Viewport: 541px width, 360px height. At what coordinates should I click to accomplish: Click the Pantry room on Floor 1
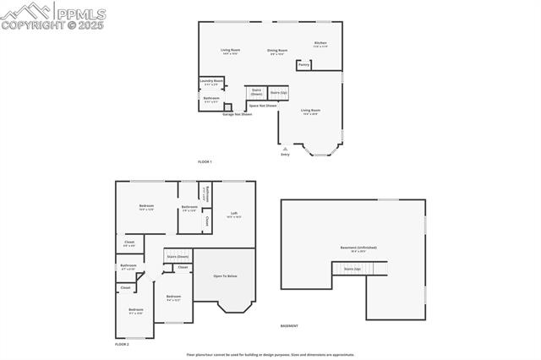[303, 64]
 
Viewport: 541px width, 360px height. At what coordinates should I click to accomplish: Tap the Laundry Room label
[211, 82]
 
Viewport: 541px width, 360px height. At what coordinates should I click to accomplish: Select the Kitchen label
[320, 44]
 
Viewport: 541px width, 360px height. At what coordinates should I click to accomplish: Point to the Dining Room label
[278, 52]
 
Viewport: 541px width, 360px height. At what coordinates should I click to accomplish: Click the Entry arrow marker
[285, 150]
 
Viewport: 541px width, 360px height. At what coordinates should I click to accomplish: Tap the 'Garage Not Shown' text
[237, 113]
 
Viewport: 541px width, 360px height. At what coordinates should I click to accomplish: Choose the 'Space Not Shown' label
[262, 106]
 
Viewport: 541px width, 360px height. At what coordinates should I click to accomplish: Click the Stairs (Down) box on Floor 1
[257, 92]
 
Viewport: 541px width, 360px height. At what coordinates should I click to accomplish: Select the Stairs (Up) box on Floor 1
[279, 91]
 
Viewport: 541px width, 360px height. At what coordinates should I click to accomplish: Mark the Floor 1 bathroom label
[211, 100]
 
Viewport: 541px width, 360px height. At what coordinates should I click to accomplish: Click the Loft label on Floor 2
[233, 215]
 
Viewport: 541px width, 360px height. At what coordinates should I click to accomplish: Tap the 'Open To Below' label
[225, 276]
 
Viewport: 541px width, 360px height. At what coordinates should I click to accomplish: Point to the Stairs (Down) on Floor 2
[178, 255]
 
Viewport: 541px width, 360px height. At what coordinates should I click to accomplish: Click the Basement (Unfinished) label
[358, 248]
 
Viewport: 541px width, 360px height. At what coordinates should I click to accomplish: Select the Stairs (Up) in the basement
[352, 269]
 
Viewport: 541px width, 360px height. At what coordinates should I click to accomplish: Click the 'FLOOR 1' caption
[205, 161]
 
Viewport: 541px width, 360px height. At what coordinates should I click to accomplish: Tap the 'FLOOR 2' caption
[122, 345]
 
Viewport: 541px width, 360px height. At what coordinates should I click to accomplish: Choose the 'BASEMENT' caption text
[289, 325]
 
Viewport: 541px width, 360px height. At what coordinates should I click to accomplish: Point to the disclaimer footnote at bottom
[270, 355]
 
